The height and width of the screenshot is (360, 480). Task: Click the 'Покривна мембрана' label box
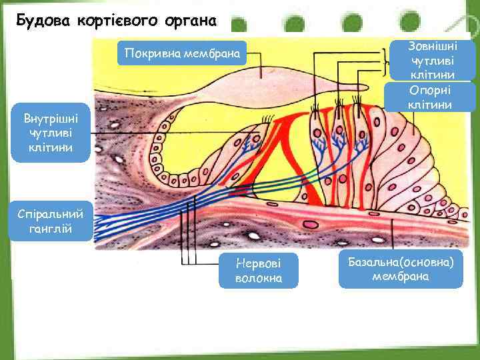(181, 53)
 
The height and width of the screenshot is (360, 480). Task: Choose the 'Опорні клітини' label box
(433, 97)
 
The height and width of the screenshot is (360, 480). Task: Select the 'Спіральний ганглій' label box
(51, 222)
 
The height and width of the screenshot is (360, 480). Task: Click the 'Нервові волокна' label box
(259, 270)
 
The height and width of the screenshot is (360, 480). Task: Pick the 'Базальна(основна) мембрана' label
(401, 269)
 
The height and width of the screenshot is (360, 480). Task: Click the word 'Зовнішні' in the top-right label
(433, 47)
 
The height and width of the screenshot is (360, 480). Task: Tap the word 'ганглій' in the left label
(51, 229)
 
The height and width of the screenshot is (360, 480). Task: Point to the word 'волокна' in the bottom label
(259, 278)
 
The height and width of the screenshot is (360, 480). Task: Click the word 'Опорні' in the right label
(433, 91)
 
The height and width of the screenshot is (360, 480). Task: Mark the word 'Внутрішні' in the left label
(51, 119)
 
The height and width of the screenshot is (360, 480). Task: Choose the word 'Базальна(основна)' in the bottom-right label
(401, 262)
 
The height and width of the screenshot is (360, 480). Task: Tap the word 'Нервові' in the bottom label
(259, 263)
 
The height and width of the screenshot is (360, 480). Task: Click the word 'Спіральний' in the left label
(51, 215)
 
